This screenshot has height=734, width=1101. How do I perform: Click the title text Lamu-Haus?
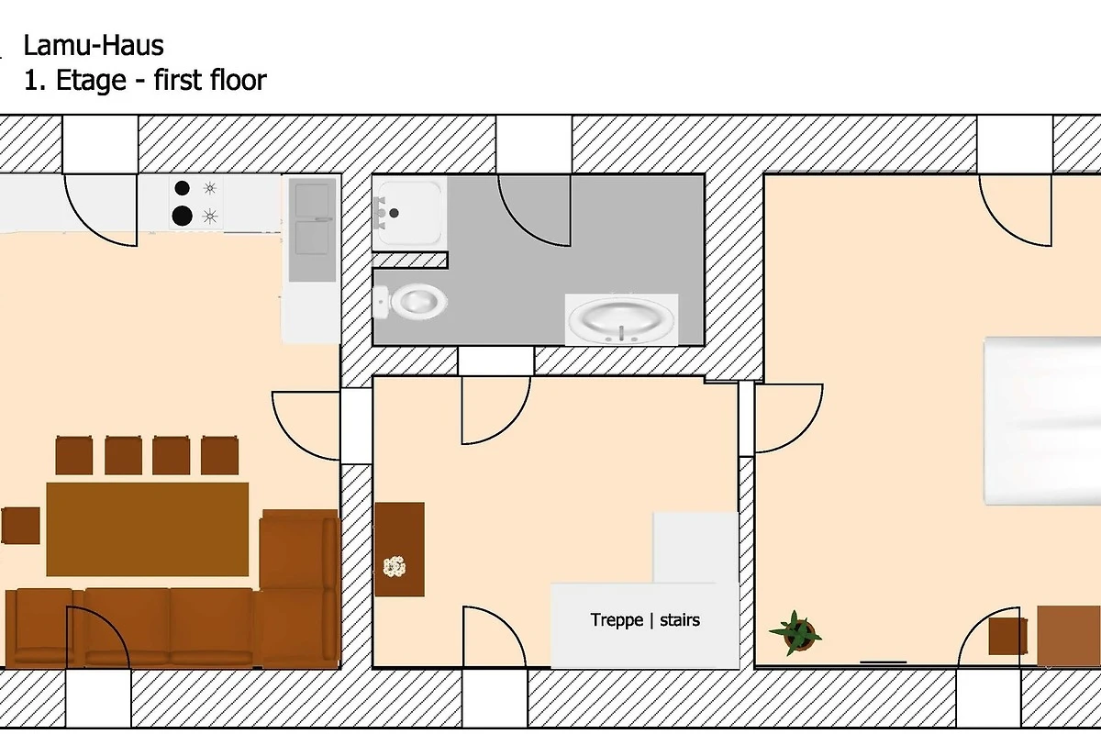(x=94, y=46)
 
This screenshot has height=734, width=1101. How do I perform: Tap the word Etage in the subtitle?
(x=91, y=80)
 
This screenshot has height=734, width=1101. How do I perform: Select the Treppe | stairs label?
(x=645, y=620)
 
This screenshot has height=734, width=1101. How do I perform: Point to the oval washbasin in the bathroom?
(x=622, y=319)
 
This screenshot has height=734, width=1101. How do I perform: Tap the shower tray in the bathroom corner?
(x=409, y=214)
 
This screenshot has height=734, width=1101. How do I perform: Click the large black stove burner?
(x=182, y=216)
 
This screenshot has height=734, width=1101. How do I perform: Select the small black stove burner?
(x=182, y=188)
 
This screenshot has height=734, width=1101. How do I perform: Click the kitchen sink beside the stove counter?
(x=312, y=230)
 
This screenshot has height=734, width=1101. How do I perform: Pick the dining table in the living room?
(x=148, y=529)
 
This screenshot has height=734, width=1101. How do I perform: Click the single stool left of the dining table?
(x=20, y=526)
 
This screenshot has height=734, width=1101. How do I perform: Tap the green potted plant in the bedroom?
(x=795, y=634)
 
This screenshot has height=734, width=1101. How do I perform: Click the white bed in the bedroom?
(x=1042, y=421)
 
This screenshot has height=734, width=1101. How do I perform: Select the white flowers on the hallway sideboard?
(x=395, y=566)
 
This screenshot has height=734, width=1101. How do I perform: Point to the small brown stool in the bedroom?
(x=1007, y=636)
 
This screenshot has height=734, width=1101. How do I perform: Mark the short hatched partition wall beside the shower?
(x=410, y=260)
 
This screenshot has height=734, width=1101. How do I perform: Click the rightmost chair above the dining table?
(x=219, y=455)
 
